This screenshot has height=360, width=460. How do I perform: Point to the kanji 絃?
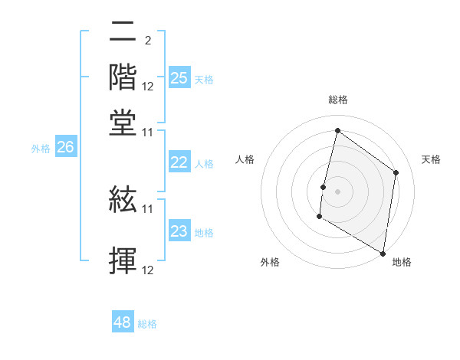123,201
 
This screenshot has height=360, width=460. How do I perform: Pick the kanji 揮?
123,260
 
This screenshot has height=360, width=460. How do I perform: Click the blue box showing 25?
179,78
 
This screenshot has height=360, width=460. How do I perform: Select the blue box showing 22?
179,162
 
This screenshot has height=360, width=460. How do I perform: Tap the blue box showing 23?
179,231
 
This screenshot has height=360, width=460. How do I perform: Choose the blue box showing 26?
65,148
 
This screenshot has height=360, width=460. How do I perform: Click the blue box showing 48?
123,322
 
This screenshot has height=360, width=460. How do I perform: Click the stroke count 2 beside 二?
147,39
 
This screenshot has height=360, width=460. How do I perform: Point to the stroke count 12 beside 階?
148,87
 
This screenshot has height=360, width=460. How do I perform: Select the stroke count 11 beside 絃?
148,208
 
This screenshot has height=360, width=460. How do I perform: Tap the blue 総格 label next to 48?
147,324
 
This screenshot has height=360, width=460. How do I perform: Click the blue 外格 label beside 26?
41,149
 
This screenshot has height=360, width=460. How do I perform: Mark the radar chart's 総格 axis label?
337,100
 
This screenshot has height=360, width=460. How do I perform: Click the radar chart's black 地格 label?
402,262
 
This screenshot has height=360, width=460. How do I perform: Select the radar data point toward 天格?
396,172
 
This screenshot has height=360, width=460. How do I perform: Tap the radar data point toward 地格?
383,253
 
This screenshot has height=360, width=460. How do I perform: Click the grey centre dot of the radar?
337,191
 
